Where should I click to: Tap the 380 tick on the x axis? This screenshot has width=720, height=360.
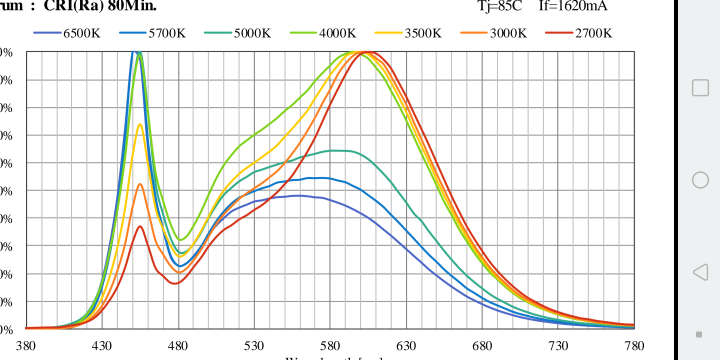click(26, 346)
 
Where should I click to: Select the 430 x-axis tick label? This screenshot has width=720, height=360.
click(102, 346)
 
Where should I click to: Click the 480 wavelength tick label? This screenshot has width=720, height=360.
click(178, 346)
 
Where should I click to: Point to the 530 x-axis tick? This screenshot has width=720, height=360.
click(254, 346)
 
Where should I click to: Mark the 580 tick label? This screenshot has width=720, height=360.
click(330, 346)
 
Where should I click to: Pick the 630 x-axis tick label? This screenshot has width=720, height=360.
click(406, 346)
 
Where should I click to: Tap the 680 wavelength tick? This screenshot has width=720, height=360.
click(482, 346)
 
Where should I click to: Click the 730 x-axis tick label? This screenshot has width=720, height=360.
click(558, 346)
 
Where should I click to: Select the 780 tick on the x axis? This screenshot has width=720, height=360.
click(634, 346)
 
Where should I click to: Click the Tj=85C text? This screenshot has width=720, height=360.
click(500, 6)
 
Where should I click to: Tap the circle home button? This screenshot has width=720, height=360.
click(700, 179)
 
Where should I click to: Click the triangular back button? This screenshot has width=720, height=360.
click(700, 272)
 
